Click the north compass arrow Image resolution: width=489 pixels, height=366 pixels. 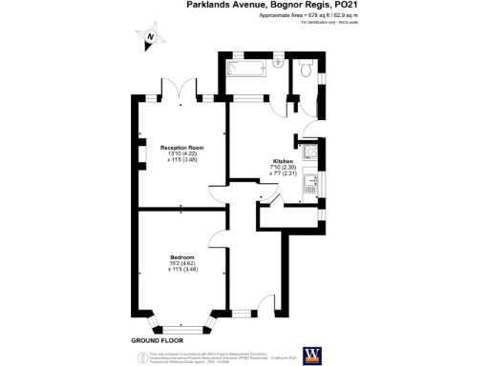(149, 39)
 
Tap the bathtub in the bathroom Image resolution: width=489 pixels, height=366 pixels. (250, 68)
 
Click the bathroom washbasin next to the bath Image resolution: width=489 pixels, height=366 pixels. (278, 63)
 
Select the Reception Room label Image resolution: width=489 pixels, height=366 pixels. (181, 148)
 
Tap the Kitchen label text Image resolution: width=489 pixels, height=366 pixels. (284, 161)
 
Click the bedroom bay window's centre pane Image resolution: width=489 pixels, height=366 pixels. (181, 329)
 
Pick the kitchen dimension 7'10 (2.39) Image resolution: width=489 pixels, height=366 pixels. (284, 168)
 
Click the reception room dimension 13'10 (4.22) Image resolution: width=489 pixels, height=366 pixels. (181, 154)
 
